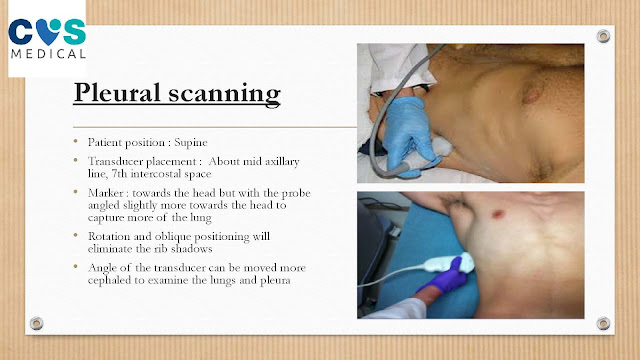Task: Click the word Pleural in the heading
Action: click(x=117, y=92)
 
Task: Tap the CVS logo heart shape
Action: click(x=48, y=32)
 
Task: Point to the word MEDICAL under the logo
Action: click(x=48, y=54)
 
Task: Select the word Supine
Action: click(x=191, y=142)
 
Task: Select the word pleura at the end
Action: click(x=276, y=281)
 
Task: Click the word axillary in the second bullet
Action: click(x=282, y=162)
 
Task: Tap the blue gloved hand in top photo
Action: click(x=408, y=135)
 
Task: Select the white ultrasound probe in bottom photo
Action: click(x=449, y=262)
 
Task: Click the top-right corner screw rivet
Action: click(x=603, y=36)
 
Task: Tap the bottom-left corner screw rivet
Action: click(x=36, y=323)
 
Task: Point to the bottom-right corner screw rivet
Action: click(x=603, y=323)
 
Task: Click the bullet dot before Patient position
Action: click(x=76, y=141)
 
